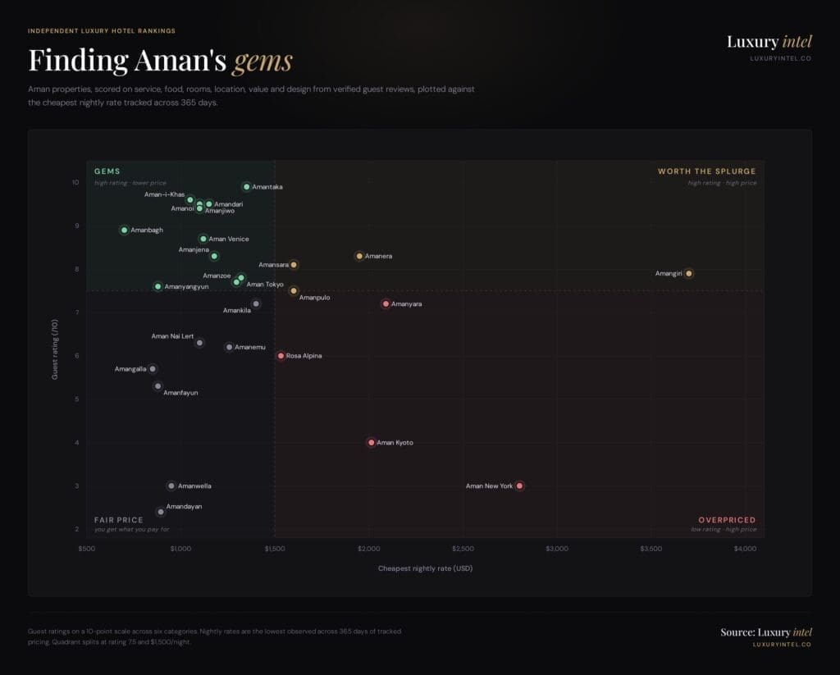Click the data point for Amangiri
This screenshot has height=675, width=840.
tap(688, 273)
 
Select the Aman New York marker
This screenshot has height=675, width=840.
tap(519, 486)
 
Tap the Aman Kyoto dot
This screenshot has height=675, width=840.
tap(371, 442)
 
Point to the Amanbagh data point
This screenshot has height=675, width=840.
tap(124, 230)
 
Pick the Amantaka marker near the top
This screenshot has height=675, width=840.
tap(246, 186)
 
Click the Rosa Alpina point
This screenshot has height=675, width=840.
tap(281, 356)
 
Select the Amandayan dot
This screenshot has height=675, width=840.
tap(161, 512)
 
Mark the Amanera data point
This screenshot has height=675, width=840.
tap(358, 256)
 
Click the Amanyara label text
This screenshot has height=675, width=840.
tap(406, 304)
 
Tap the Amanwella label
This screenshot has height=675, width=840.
tap(194, 486)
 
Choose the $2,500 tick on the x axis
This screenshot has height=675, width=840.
tap(463, 548)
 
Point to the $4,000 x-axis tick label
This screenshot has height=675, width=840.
tap(745, 548)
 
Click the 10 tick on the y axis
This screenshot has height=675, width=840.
tap(75, 182)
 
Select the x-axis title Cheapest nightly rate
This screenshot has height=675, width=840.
tap(425, 568)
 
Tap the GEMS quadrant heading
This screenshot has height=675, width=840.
tap(107, 171)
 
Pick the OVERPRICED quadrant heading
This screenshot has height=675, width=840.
tap(727, 520)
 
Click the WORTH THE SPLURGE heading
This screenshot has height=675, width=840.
tap(706, 171)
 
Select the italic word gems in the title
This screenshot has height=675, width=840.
tap(262, 61)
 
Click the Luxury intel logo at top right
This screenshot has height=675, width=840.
tap(769, 42)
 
